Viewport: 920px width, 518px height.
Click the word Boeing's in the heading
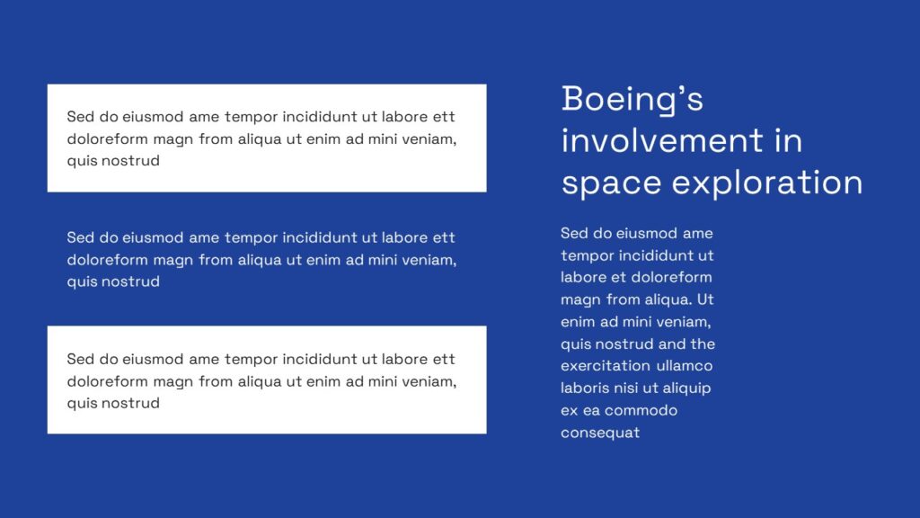[x=632, y=99]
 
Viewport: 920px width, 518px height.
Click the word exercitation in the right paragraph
[x=606, y=366]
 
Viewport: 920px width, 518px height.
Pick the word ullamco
[x=685, y=366]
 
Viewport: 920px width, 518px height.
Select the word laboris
[x=587, y=388]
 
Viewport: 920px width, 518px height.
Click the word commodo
[x=641, y=410]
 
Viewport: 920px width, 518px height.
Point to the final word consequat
[x=600, y=433]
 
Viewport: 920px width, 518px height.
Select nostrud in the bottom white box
[x=129, y=403]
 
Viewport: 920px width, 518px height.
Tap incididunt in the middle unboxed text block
[x=320, y=237]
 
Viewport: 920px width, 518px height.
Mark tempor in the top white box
[x=252, y=116]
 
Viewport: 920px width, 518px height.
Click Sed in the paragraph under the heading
[x=575, y=233]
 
